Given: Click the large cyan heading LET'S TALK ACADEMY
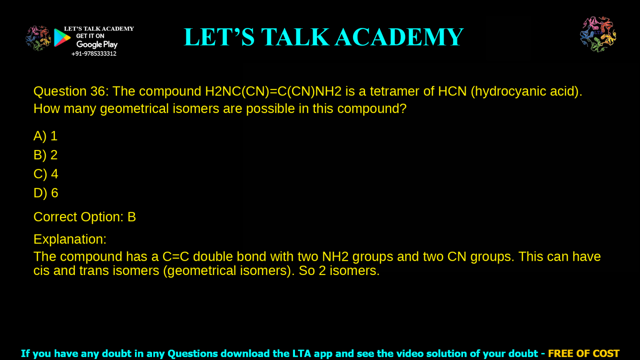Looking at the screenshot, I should click(x=323, y=37).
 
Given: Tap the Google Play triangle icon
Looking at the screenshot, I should click(x=62, y=38).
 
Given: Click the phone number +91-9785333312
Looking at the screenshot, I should click(x=94, y=54).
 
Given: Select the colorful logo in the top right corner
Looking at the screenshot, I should click(x=598, y=34).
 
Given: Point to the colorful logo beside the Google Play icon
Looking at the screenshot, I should click(x=38, y=38).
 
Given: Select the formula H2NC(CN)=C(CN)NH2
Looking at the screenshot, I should click(x=273, y=91).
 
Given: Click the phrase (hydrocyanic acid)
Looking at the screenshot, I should click(x=526, y=91).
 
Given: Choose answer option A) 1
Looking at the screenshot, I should click(x=45, y=136).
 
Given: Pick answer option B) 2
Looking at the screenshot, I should click(x=45, y=155).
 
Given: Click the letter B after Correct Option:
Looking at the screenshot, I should click(x=132, y=217).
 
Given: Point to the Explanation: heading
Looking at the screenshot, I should click(x=70, y=239).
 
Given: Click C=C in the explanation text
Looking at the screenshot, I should click(x=176, y=257).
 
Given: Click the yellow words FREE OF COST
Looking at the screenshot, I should click(x=583, y=354).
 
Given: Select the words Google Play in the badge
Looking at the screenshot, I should click(x=97, y=45).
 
